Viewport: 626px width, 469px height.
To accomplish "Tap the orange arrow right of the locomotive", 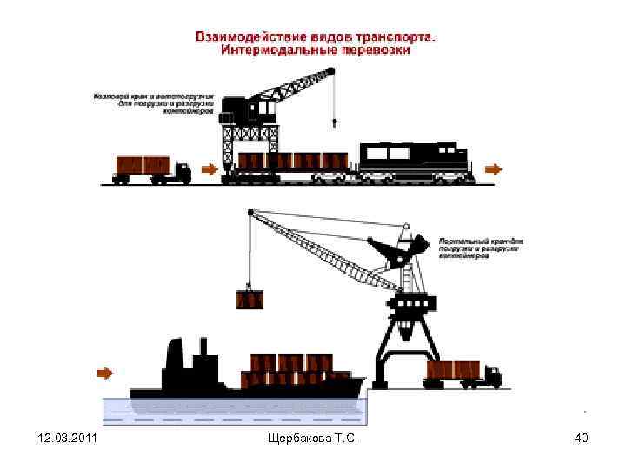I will (x=493, y=168).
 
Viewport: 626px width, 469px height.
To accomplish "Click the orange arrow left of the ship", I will (x=104, y=373).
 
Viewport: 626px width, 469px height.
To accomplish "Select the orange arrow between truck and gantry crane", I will (x=209, y=168).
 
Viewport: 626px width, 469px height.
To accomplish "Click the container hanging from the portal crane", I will (x=250, y=301).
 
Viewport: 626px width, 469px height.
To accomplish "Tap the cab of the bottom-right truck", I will (x=491, y=374).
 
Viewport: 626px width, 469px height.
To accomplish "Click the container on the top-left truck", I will (x=143, y=165).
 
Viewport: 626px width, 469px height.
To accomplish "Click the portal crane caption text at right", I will (x=479, y=248).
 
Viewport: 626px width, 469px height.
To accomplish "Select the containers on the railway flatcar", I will (x=292, y=161).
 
